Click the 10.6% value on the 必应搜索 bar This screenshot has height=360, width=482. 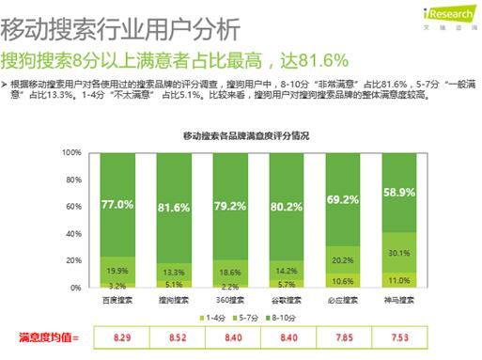pyautogui.click(x=343, y=280)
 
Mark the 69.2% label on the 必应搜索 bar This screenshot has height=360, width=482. pyautogui.click(x=343, y=199)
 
